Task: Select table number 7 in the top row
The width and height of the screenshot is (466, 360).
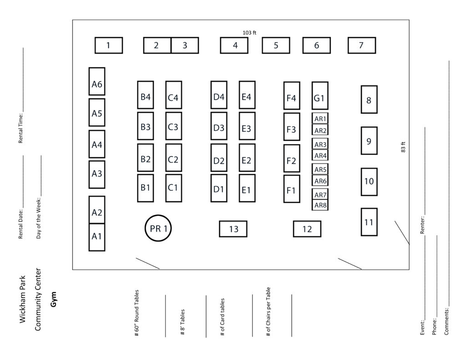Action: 362,45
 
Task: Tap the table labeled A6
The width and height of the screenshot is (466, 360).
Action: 97,81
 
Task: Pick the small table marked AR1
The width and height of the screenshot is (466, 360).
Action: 320,118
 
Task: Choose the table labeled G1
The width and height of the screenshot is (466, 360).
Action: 320,96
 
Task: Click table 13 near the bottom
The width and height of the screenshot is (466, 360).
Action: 233,229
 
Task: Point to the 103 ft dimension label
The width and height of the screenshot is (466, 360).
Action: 249,33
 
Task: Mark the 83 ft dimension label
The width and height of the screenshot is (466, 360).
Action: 403,147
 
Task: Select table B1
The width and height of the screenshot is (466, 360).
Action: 145,188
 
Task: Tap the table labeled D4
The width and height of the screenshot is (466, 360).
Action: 219,95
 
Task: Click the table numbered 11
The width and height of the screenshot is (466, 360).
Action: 369,222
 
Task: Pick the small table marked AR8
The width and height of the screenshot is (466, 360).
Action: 320,205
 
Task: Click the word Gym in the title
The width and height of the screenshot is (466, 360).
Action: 53,299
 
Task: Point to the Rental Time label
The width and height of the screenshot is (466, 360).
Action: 20,128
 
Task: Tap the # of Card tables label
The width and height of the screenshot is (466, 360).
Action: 222,317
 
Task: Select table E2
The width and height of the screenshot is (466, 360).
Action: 247,158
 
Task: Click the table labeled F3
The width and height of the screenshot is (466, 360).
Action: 292,127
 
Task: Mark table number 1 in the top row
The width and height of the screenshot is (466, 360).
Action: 109,45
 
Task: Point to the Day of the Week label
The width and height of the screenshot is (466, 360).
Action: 38,218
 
